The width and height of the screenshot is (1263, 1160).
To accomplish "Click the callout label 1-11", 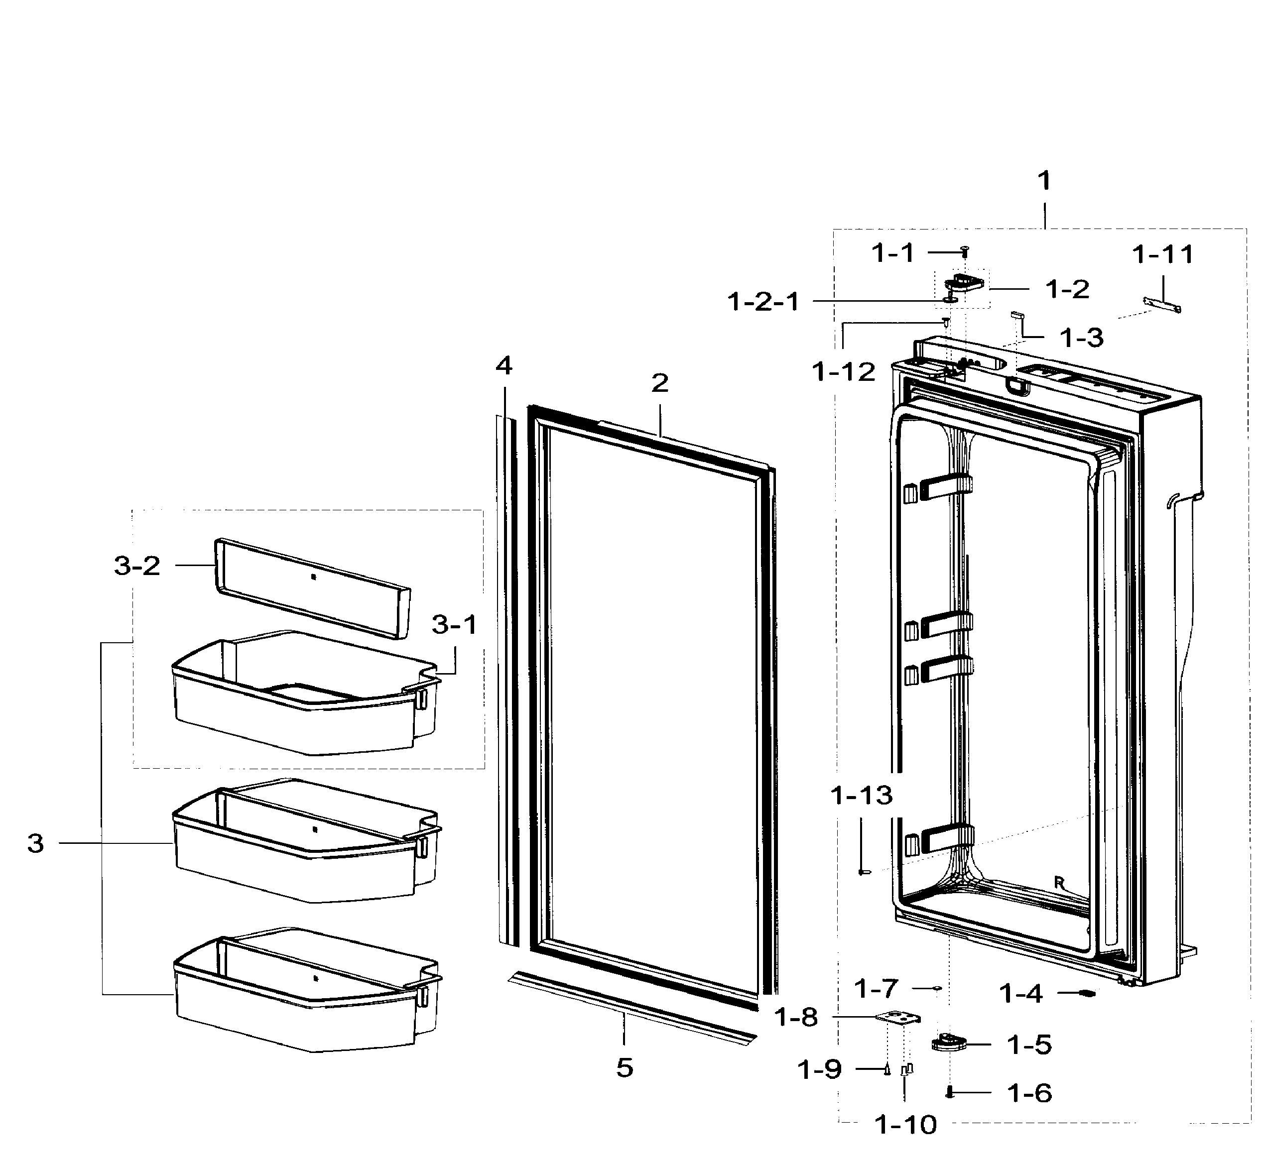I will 1162,255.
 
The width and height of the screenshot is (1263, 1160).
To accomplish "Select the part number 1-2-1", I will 763,302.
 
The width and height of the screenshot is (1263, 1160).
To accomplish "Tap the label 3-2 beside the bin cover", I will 137,566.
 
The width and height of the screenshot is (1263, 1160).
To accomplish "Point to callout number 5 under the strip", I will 624,1068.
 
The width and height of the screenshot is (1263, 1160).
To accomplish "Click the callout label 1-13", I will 861,795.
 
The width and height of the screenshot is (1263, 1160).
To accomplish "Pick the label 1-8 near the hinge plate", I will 796,1018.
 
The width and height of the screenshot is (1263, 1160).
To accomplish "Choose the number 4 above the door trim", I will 504,365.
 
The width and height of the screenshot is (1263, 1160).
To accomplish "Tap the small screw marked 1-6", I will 950,1093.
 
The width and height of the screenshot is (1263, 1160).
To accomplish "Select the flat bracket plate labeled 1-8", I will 898,1018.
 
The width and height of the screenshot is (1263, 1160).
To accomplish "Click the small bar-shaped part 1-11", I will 1162,305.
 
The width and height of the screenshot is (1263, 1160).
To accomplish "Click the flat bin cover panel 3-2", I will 313,587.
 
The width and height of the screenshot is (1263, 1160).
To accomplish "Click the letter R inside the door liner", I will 1059,883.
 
